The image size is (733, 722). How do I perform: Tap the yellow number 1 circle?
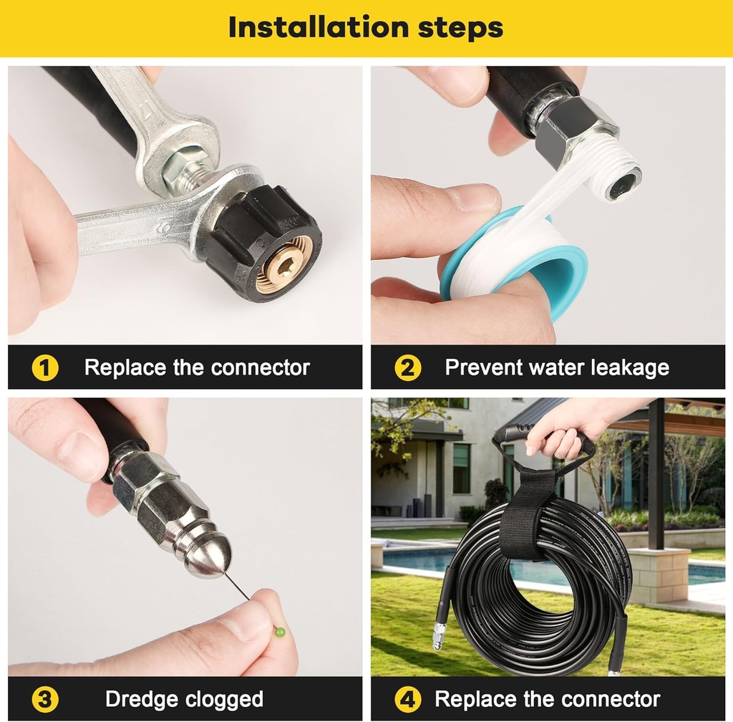tap(44, 368)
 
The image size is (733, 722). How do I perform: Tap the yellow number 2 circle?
tap(407, 368)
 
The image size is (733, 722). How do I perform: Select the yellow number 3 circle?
tap(44, 699)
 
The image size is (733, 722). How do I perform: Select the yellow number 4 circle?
tap(407, 699)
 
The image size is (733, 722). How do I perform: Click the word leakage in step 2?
tap(628, 368)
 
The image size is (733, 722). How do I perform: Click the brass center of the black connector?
tap(284, 263)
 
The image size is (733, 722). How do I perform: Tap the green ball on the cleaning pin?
tap(279, 632)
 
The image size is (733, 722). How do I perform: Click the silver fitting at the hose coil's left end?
tap(438, 635)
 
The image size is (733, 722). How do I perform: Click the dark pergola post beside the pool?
tap(656, 473)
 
